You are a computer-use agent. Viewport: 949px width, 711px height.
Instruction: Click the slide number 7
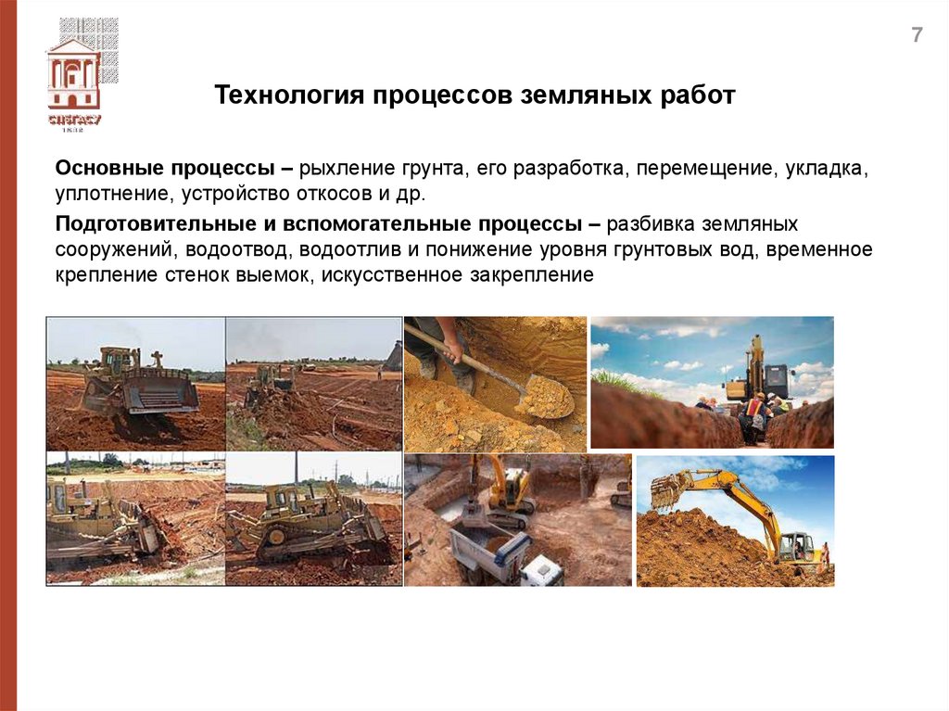click(917, 36)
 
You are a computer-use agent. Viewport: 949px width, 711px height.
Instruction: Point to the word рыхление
click(352, 170)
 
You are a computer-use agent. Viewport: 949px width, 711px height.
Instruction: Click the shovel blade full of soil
click(545, 397)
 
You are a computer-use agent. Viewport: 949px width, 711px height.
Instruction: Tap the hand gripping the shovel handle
click(451, 349)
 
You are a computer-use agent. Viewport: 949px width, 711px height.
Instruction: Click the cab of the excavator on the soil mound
click(793, 547)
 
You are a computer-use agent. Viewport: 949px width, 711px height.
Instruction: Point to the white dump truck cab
click(541, 569)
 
